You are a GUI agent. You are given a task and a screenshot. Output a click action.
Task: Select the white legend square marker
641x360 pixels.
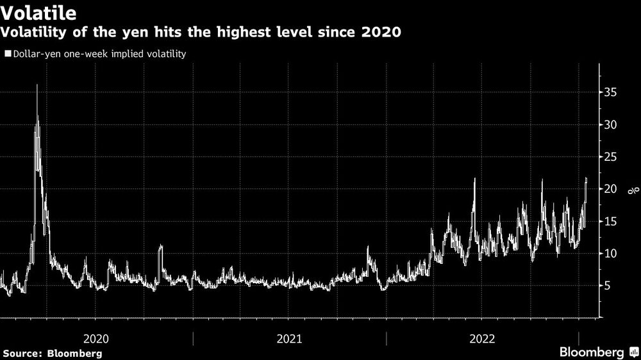7,54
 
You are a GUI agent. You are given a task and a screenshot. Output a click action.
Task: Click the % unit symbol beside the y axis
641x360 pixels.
631,190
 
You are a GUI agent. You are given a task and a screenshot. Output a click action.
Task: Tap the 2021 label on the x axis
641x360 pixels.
289,338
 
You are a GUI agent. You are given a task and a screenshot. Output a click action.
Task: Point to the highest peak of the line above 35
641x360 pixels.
37,85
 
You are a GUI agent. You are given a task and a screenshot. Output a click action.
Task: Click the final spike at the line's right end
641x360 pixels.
586,179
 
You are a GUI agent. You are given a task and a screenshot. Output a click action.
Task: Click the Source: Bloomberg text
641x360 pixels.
53,353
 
